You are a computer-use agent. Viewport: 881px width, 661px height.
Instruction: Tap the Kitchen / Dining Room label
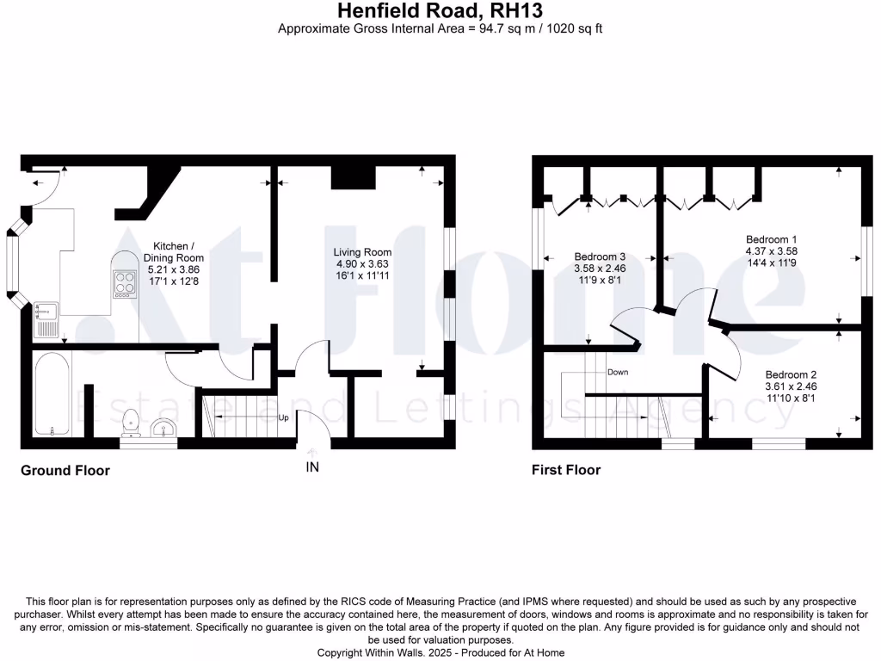point(173,251)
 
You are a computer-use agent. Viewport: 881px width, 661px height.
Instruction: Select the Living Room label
point(362,251)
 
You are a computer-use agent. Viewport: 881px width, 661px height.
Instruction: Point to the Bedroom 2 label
point(791,374)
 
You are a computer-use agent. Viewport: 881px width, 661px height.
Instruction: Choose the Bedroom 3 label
point(600,256)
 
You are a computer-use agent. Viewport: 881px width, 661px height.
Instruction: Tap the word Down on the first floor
point(617,373)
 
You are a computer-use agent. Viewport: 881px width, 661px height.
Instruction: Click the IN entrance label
point(311,467)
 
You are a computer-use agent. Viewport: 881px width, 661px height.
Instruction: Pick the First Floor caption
point(566,470)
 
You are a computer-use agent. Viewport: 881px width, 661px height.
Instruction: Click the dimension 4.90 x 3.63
point(362,263)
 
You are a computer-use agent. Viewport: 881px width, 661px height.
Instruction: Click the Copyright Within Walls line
point(440,652)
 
